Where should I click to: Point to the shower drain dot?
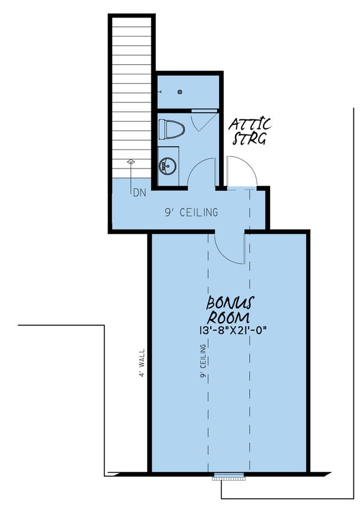(181, 92)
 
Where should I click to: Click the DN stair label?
(139, 193)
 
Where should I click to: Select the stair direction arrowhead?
(131, 162)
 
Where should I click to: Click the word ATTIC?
(251, 125)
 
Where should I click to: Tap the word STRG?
(250, 140)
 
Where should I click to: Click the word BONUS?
(229, 303)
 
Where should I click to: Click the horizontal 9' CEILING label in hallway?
(191, 212)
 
